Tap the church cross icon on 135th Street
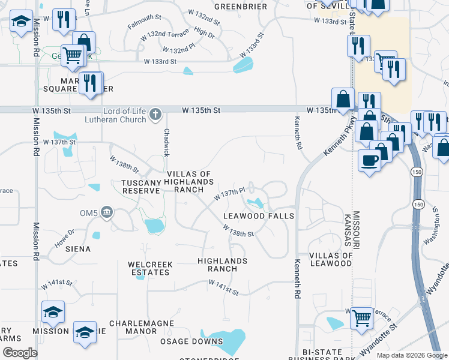click(155, 114)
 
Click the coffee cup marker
click(370, 160)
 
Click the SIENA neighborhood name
click(79, 248)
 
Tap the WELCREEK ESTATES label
click(149, 268)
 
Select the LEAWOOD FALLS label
click(259, 215)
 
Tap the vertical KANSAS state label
click(348, 229)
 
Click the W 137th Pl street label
click(230, 194)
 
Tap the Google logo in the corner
click(20, 352)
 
